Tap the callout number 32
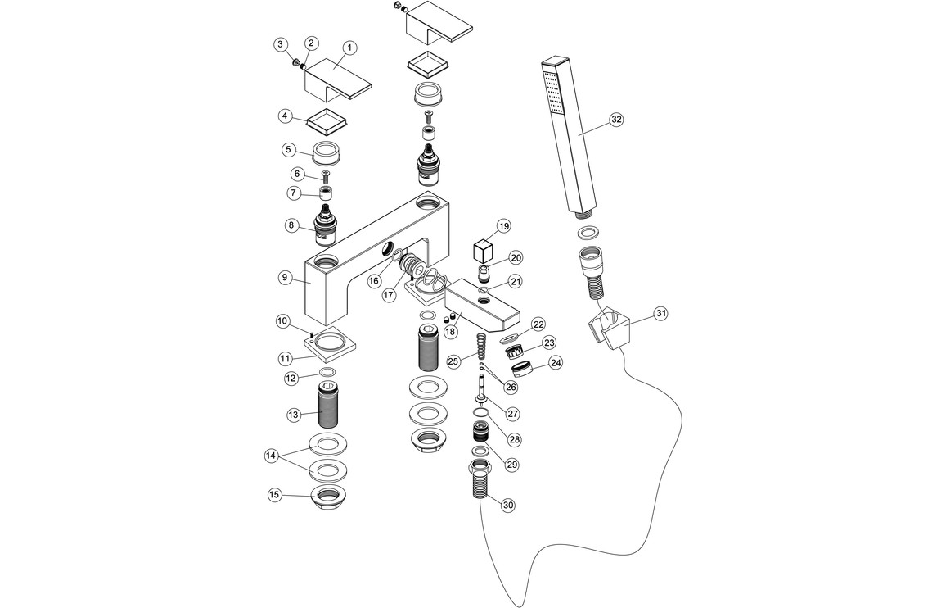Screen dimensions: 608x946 [616, 119]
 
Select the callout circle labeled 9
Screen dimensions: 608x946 [285, 278]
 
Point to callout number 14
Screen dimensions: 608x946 [271, 456]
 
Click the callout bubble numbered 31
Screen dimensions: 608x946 [661, 312]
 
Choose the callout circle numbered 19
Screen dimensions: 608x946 [503, 225]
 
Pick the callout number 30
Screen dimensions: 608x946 [508, 506]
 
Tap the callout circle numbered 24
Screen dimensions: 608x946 [556, 361]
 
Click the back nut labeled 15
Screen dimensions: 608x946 [326, 495]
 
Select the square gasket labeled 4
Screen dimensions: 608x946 [327, 122]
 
